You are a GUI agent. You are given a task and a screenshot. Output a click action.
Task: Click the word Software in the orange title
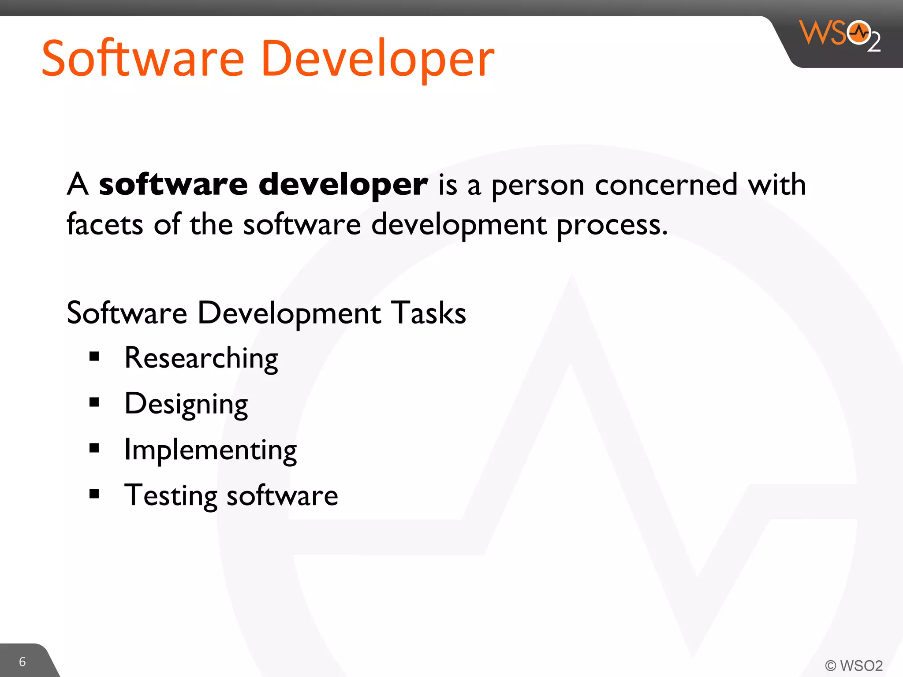(x=143, y=59)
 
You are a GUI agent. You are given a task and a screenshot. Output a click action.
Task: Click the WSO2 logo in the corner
(x=840, y=35)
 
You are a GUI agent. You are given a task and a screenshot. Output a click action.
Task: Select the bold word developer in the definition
(x=343, y=184)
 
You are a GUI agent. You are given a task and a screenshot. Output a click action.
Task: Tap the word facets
(x=105, y=224)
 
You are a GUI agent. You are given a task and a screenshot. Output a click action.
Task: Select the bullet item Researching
(x=201, y=358)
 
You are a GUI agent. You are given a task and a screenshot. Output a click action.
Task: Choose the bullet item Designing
(x=186, y=404)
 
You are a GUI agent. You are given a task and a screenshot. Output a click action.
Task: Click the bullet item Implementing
(x=210, y=450)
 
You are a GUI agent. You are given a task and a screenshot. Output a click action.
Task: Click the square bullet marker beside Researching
(x=94, y=356)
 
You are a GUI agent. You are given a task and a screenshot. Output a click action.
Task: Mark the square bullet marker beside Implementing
(x=94, y=448)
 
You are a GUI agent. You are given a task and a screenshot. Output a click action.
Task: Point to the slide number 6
(x=22, y=662)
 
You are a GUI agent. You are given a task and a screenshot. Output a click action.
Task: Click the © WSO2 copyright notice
(x=854, y=665)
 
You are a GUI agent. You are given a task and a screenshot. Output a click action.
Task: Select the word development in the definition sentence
(x=459, y=225)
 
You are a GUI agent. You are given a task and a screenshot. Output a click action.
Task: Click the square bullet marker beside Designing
(x=94, y=402)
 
